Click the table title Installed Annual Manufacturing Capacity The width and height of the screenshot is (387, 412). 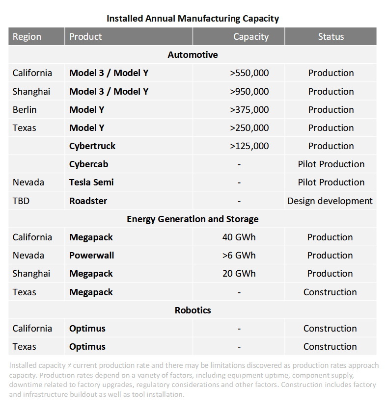pyautogui.click(x=193, y=19)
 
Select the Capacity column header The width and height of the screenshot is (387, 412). pyautogui.click(x=250, y=37)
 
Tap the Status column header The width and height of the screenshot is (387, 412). pyautogui.click(x=331, y=37)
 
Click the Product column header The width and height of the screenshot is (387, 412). pyautogui.click(x=85, y=37)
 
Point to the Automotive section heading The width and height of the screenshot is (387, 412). pyautogui.click(x=193, y=55)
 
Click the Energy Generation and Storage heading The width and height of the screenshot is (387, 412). pyautogui.click(x=193, y=219)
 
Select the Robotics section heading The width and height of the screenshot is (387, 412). pyautogui.click(x=193, y=310)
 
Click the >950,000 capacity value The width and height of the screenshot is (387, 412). pyautogui.click(x=249, y=91)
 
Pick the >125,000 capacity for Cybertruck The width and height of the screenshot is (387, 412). pyautogui.click(x=249, y=146)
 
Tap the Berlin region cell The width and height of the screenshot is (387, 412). pyautogui.click(x=25, y=109)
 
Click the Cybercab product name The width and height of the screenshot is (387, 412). pyautogui.click(x=88, y=164)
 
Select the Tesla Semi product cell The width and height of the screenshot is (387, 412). pyautogui.click(x=91, y=182)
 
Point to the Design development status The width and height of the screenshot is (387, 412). pyautogui.click(x=330, y=201)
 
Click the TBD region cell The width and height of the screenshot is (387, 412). pyautogui.click(x=21, y=201)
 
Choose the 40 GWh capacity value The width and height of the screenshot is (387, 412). pyautogui.click(x=239, y=237)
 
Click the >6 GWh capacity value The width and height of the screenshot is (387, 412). pyautogui.click(x=239, y=256)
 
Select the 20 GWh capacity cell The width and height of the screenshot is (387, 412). pyautogui.click(x=239, y=274)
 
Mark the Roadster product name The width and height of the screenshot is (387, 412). pyautogui.click(x=88, y=201)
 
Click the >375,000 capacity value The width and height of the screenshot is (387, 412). pyautogui.click(x=249, y=109)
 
